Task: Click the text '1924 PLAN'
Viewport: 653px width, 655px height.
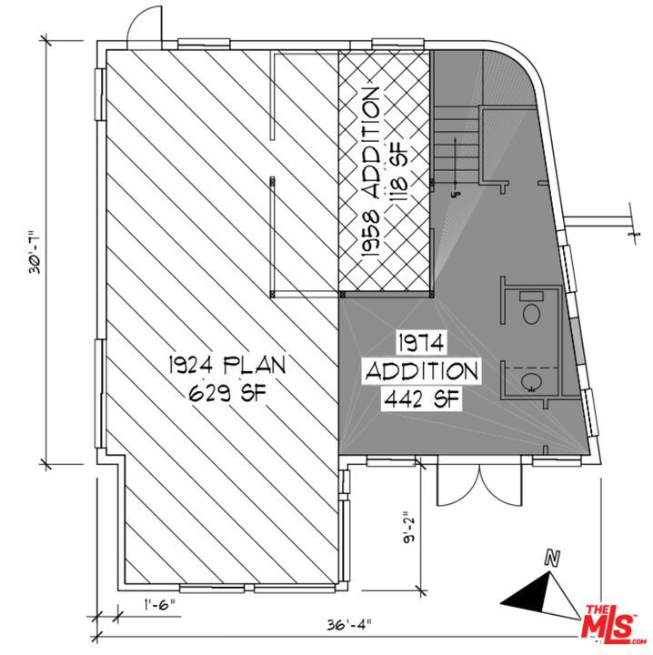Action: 226,366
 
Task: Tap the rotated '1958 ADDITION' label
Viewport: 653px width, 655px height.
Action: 369,175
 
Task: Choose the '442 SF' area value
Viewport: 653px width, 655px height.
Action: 421,398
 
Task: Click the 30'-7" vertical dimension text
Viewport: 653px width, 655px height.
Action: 35,247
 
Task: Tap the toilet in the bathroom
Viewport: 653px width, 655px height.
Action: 531,312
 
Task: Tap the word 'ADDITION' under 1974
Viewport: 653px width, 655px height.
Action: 421,370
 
